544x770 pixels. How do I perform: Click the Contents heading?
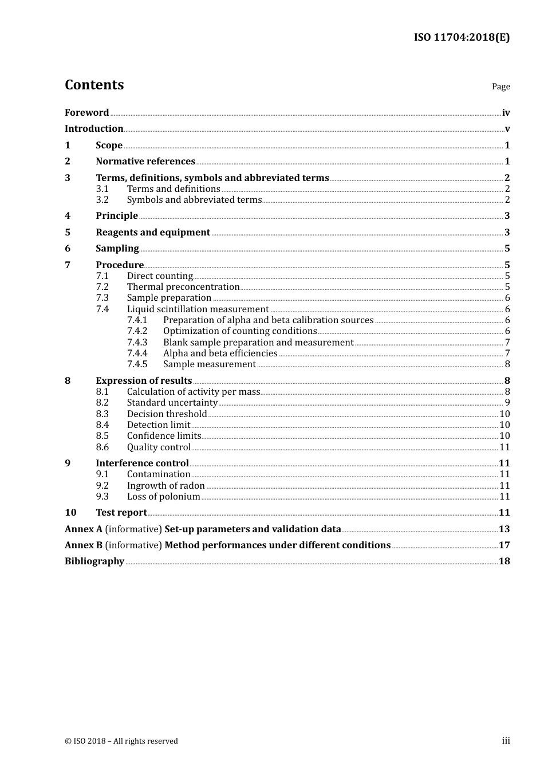(x=94, y=85)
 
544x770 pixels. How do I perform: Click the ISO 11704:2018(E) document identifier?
(x=462, y=37)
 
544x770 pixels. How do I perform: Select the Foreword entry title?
(x=86, y=112)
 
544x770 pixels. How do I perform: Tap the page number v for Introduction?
(x=507, y=129)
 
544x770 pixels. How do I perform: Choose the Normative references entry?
(x=145, y=162)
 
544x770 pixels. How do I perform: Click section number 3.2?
(x=102, y=200)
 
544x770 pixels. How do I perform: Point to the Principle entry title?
(x=117, y=216)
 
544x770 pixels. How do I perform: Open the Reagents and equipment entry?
(x=153, y=233)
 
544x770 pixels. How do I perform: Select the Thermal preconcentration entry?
(x=183, y=287)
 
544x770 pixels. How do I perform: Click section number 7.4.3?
(x=137, y=343)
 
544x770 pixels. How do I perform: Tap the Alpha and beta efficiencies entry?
(x=220, y=353)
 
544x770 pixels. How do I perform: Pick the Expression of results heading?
(x=144, y=381)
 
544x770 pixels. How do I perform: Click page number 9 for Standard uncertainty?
(x=507, y=403)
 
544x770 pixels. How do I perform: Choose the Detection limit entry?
(x=159, y=425)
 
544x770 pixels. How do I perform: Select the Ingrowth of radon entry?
(x=165, y=486)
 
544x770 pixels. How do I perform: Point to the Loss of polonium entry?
(x=163, y=497)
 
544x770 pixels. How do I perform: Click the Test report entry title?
(x=121, y=513)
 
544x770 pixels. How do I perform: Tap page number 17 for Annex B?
(x=504, y=545)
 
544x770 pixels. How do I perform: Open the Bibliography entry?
(x=94, y=561)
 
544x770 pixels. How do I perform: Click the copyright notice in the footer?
(x=121, y=741)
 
